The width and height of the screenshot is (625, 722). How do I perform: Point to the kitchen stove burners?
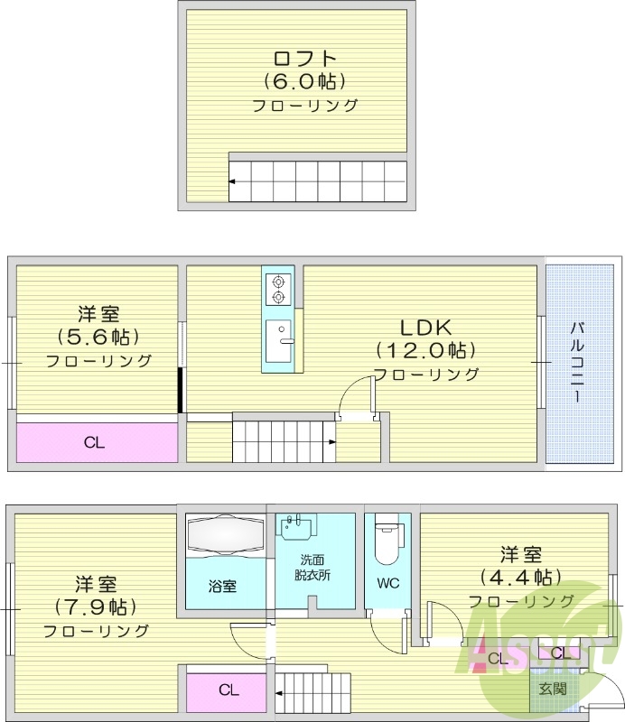tap(277, 288)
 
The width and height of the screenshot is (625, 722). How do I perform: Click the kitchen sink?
tap(278, 339)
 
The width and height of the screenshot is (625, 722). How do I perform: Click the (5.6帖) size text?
tap(98, 338)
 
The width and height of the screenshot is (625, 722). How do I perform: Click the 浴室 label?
tap(223, 586)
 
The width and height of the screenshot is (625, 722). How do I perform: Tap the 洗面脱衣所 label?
tap(312, 567)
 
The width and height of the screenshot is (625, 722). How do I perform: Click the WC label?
tap(387, 583)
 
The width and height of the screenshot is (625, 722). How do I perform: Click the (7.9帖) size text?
tap(95, 606)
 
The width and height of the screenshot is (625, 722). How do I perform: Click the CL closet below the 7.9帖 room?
tap(228, 690)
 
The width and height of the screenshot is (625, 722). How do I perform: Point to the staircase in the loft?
tap(318, 180)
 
